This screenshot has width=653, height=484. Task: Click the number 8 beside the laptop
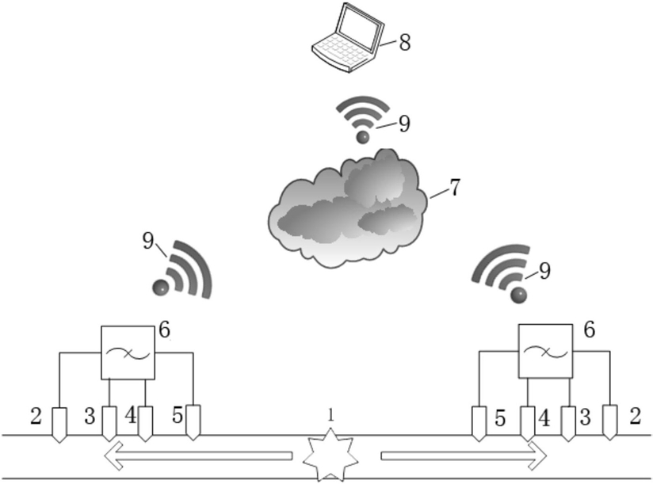click(x=404, y=43)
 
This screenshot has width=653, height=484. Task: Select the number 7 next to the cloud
click(x=455, y=188)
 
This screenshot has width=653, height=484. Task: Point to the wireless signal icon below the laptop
click(x=363, y=119)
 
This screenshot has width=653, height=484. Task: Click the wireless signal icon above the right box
click(x=502, y=272)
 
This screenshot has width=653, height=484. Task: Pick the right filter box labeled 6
click(x=544, y=353)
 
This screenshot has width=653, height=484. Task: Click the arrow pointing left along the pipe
click(x=198, y=457)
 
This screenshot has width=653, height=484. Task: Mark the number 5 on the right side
click(x=500, y=417)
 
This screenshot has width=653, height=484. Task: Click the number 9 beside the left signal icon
click(x=149, y=241)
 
